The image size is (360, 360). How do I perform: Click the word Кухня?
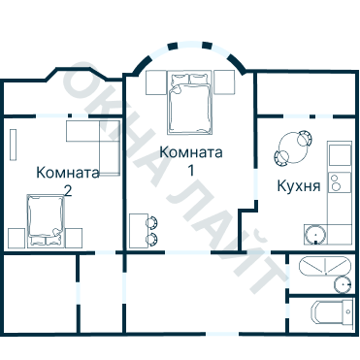tap(298, 185)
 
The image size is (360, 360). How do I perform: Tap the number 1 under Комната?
tap(191, 170)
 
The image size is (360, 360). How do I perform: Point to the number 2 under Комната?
tap(67, 190)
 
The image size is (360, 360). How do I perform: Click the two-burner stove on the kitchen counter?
tap(338, 181)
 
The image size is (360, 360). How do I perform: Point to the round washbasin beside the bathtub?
tap(342, 283)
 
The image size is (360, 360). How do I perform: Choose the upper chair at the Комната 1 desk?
tap(152, 221)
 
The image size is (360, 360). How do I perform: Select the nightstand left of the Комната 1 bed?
tap(156, 82)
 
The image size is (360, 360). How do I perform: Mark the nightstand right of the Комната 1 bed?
tap(225, 82)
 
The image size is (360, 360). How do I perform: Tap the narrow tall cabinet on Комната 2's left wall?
tap(13, 144)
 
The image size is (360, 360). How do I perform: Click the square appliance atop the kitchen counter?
tap(338, 154)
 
